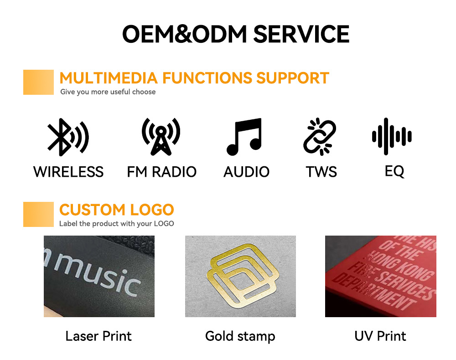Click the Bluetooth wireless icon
point(68,137)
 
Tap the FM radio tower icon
point(161,137)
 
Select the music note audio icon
point(244,137)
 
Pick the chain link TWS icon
point(319,137)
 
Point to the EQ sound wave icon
point(392,137)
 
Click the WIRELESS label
point(68,172)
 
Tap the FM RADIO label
point(162,172)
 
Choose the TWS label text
point(321,172)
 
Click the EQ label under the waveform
point(394,171)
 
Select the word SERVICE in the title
point(301,34)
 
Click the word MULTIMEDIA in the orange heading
point(109,78)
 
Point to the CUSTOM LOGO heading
point(117,210)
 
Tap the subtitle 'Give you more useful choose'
point(108,92)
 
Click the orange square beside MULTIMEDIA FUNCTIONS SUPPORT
point(38,82)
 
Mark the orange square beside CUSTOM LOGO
point(38,215)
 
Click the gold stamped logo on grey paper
point(243,275)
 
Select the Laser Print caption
point(98,336)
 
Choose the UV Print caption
point(380,336)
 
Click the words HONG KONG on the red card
point(400,265)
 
